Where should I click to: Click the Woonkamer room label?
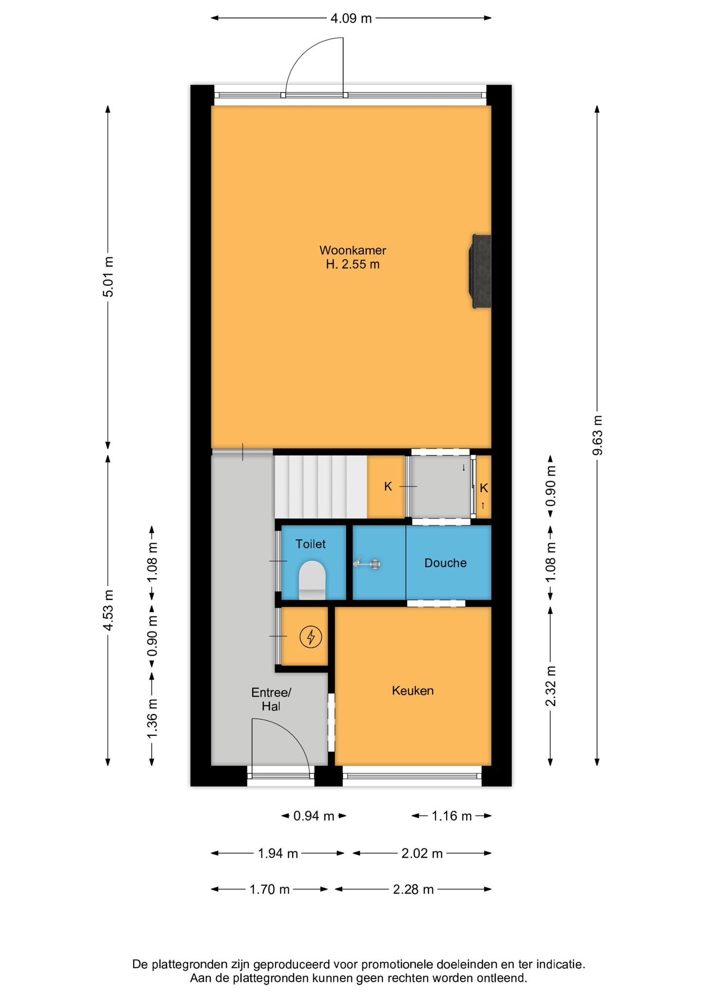352,257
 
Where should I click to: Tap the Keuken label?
413,691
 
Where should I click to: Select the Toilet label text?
311,544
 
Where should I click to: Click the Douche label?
445,563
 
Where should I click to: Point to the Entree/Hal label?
271,699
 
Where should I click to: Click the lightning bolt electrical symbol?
311,637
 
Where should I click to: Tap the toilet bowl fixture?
312,580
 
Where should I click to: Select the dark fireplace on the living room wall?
480,271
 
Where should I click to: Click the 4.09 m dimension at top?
351,19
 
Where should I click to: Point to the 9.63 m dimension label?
597,435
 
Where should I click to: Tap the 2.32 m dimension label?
551,686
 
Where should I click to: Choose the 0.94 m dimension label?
314,816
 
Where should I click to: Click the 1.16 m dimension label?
452,816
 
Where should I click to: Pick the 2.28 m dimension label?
413,889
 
